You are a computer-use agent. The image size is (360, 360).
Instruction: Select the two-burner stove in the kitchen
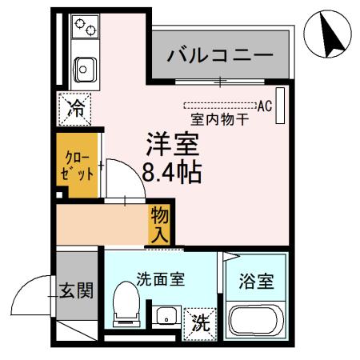pos(85,26)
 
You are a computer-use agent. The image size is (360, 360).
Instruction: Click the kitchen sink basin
pos(82,70)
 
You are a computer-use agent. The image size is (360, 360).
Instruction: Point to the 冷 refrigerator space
pos(77,106)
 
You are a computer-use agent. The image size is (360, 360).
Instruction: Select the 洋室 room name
pos(171,145)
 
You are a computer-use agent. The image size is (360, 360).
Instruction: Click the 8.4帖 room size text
pos(171,171)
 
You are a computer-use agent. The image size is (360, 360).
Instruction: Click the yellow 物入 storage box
pos(159,225)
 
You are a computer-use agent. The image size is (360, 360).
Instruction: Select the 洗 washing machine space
pos(200,324)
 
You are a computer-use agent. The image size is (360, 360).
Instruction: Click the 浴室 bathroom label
pos(257,282)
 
